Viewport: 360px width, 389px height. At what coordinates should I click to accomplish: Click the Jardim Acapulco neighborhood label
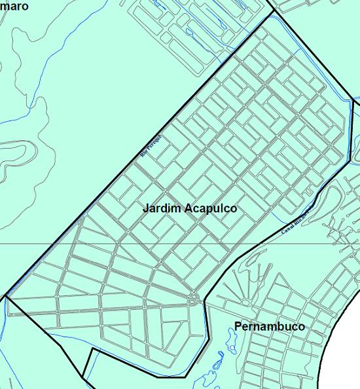(x=190, y=208)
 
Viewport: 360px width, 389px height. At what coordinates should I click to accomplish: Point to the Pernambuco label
(x=269, y=326)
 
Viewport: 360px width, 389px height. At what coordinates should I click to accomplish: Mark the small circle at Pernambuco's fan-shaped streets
(x=247, y=302)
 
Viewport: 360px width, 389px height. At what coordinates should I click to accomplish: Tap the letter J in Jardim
(x=145, y=208)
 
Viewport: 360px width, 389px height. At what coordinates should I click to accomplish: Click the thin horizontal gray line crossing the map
(x=39, y=244)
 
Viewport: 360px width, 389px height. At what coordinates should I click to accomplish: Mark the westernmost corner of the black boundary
(x=5, y=297)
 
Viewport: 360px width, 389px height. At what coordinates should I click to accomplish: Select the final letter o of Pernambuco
(x=301, y=326)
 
